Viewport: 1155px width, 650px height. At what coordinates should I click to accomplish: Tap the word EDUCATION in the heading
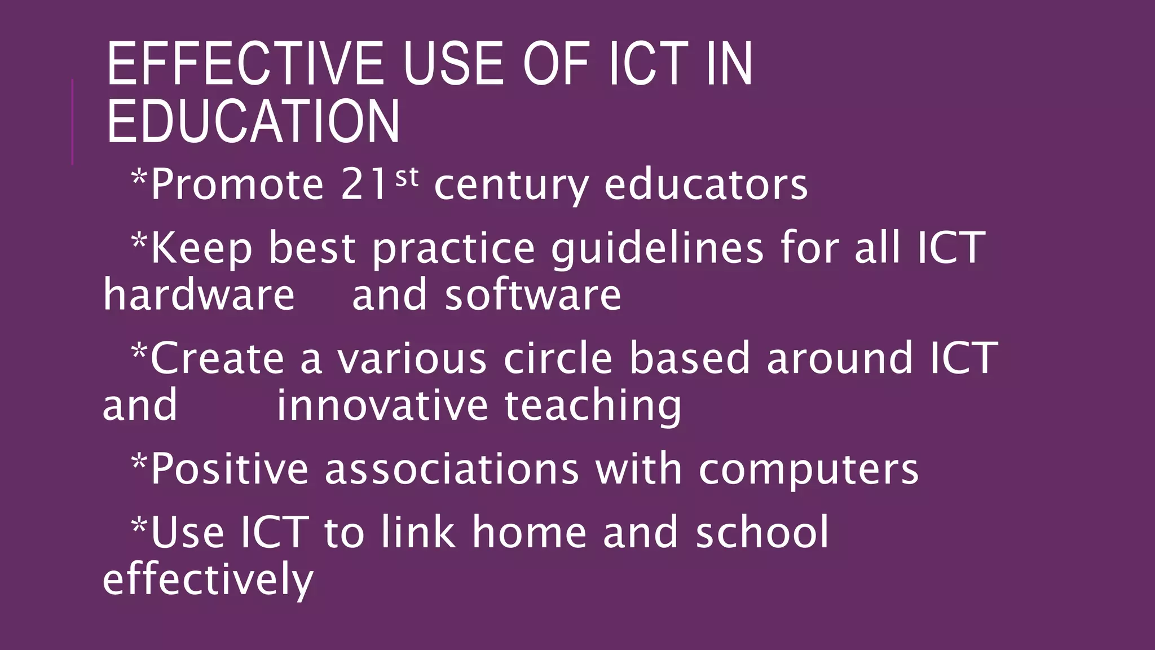(253, 121)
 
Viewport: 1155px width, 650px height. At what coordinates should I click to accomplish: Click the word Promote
(237, 185)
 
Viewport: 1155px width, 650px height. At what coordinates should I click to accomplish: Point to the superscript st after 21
(407, 178)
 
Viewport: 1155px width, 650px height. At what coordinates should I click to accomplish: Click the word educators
(706, 184)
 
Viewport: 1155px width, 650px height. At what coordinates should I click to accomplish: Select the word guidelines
(657, 249)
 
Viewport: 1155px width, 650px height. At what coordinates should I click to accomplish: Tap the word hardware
(199, 295)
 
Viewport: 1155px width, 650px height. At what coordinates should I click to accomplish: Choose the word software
(533, 295)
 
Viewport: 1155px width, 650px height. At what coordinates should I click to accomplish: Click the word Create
(217, 358)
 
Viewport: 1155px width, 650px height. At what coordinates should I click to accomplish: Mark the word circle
(558, 358)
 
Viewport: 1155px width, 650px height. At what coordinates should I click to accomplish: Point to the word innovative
(382, 406)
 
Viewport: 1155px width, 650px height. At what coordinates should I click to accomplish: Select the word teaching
(593, 407)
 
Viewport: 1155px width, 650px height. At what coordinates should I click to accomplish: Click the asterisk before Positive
(139, 462)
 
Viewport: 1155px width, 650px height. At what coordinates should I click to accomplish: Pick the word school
(762, 532)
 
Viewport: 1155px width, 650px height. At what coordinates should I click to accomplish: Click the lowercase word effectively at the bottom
(208, 580)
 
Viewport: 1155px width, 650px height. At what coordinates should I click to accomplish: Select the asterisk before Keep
(139, 241)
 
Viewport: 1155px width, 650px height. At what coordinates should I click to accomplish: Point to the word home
(530, 532)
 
